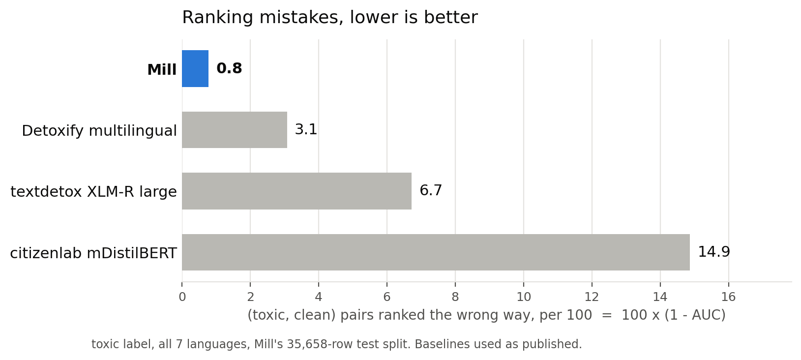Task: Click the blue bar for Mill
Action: click(195, 69)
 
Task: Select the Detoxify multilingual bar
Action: click(235, 130)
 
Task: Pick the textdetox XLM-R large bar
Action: click(297, 191)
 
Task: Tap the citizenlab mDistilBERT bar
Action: click(436, 252)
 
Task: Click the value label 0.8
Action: click(229, 68)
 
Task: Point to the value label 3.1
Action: click(306, 129)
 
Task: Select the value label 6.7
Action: click(431, 190)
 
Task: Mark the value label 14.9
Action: click(714, 252)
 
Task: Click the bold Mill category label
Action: click(162, 70)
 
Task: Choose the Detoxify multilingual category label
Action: click(99, 131)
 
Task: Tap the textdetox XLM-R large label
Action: click(94, 192)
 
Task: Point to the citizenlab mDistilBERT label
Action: click(93, 253)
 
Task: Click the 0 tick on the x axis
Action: click(182, 297)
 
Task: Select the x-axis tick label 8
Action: click(455, 297)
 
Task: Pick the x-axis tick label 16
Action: click(728, 297)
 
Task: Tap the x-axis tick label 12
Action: click(592, 297)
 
